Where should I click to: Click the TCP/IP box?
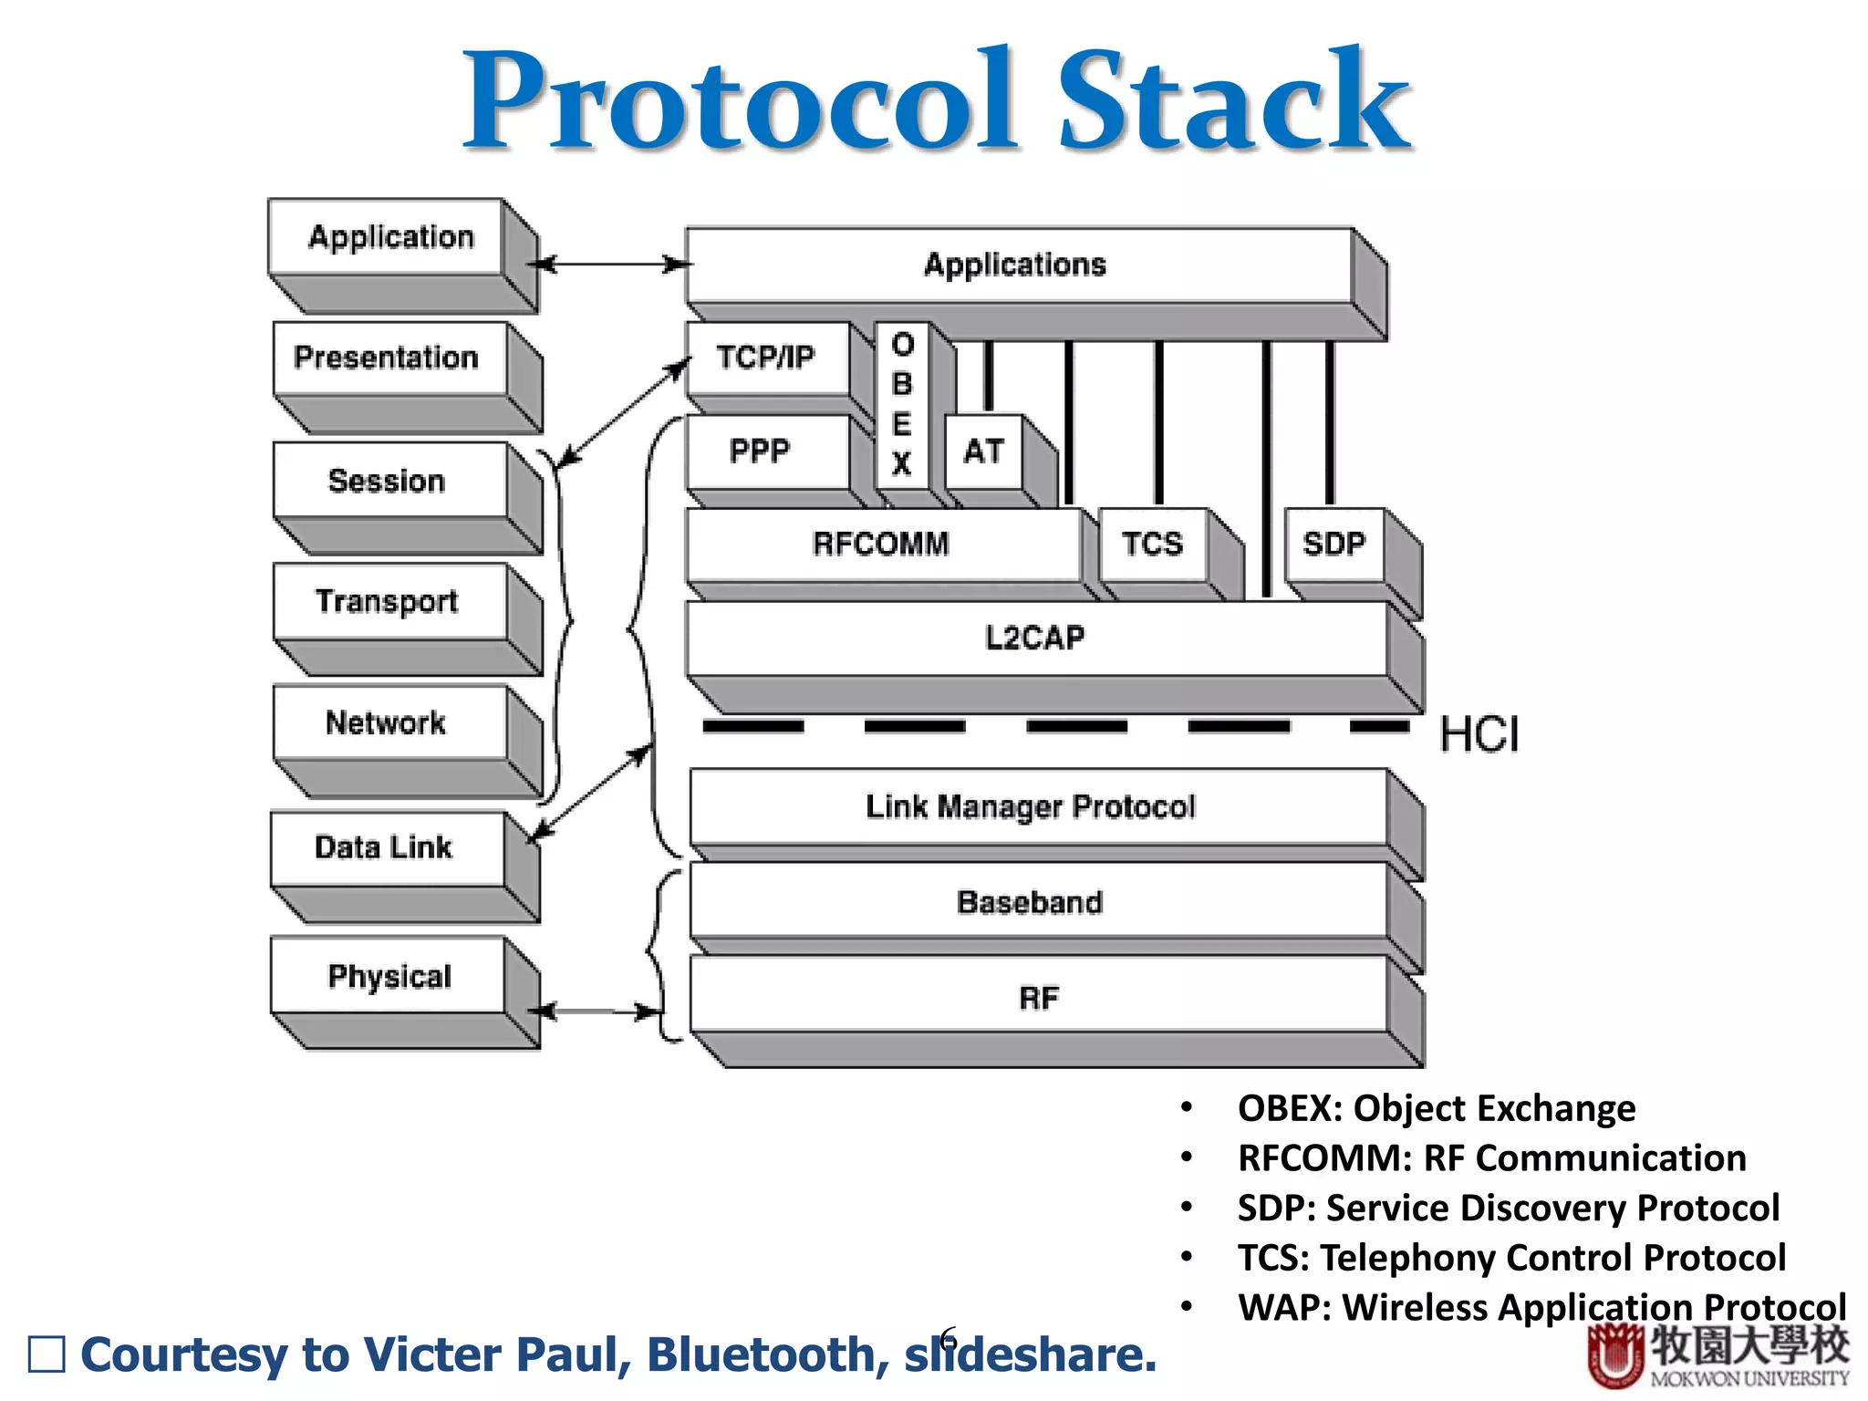click(x=766, y=358)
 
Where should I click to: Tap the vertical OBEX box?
click(x=902, y=404)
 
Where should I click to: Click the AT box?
click(x=984, y=451)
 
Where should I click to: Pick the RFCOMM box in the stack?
click(x=882, y=545)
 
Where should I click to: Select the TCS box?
click(x=1153, y=545)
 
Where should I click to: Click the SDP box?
click(x=1334, y=545)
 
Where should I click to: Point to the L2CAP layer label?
click(x=1035, y=638)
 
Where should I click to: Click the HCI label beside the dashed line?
click(x=1479, y=735)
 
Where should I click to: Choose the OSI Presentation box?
click(x=388, y=358)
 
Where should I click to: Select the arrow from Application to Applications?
click(x=611, y=265)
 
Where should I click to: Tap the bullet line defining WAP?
click(x=1541, y=1307)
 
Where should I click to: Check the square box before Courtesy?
click(x=47, y=1354)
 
